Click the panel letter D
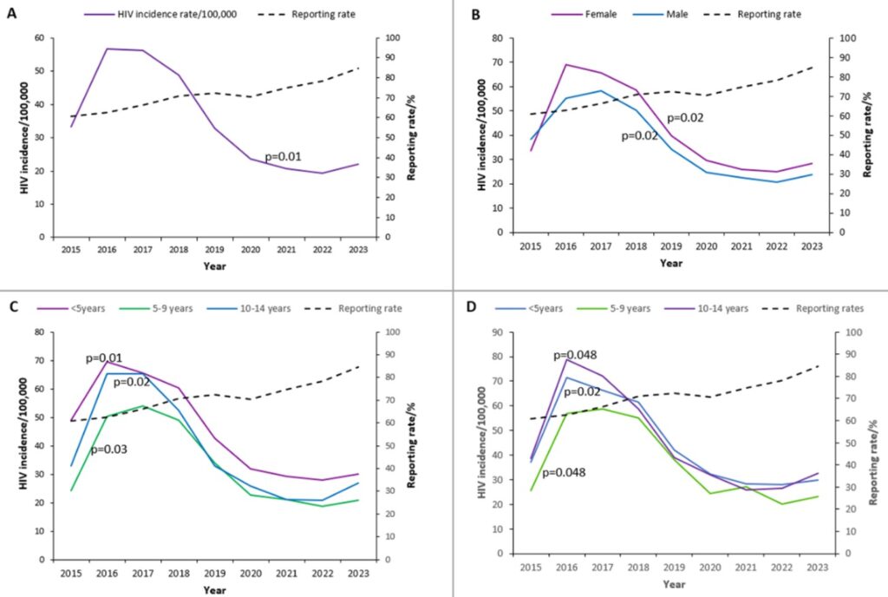pos(472,308)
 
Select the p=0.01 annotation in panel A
pos(283,156)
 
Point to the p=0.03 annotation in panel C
pos(109,449)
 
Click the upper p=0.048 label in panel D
pos(575,355)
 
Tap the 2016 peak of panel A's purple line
pos(107,49)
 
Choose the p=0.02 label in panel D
pos(583,392)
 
